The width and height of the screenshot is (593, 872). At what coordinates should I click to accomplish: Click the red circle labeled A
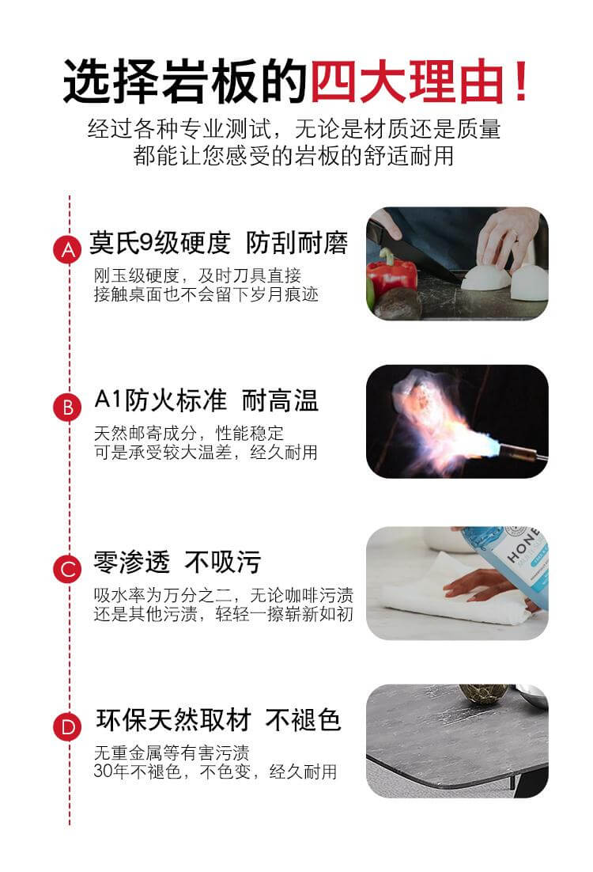(69, 250)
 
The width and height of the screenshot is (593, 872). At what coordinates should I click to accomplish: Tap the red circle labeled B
(69, 408)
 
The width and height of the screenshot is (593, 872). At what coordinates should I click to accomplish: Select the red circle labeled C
(69, 568)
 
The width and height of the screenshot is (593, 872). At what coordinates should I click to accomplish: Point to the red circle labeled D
(69, 726)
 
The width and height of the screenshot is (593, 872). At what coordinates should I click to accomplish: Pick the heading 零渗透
(131, 562)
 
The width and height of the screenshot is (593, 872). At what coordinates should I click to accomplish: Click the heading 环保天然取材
(173, 720)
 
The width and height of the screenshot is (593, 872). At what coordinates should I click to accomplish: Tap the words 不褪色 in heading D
(303, 720)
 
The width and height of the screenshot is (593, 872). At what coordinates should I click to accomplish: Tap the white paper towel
(443, 593)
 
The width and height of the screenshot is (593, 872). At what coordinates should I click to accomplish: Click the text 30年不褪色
(139, 771)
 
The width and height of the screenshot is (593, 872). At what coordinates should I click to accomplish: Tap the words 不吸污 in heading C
(222, 562)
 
